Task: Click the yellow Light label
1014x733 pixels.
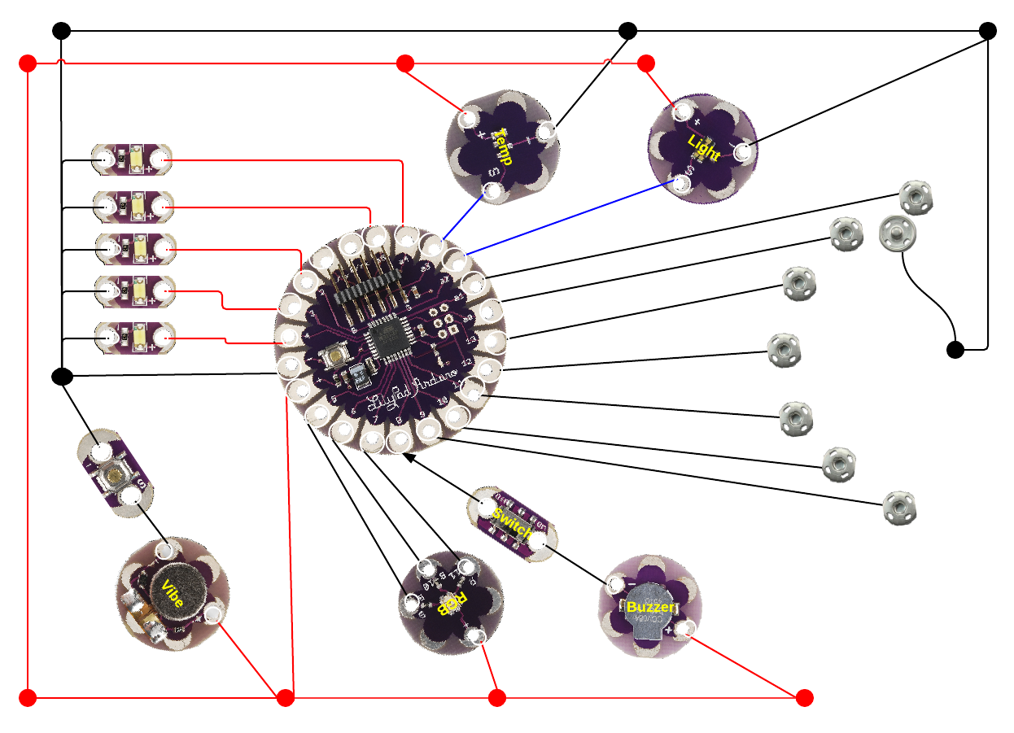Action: (x=704, y=148)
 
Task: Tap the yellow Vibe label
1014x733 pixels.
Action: (x=173, y=596)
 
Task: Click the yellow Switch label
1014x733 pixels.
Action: (x=512, y=524)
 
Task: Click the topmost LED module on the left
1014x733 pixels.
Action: (x=132, y=159)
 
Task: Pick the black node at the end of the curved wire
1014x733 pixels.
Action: (x=955, y=350)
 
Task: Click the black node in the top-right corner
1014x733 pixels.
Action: (x=987, y=31)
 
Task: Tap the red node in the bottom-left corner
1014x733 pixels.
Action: (x=28, y=697)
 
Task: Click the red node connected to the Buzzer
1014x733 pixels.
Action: (x=804, y=697)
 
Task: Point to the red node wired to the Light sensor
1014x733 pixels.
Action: (x=646, y=63)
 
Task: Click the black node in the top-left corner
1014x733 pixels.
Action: (x=61, y=31)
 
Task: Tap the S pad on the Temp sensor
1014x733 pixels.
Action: (x=492, y=192)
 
